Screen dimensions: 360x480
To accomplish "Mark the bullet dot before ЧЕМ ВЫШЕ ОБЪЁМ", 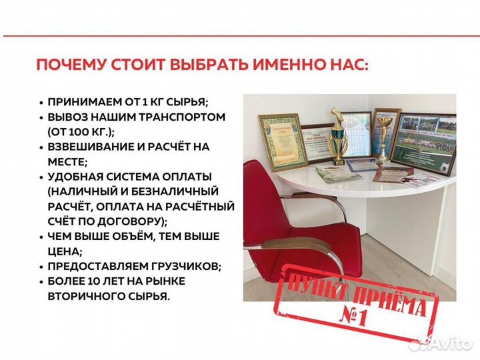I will (x=41, y=237).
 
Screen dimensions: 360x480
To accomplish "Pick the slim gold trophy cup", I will (x=385, y=136).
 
